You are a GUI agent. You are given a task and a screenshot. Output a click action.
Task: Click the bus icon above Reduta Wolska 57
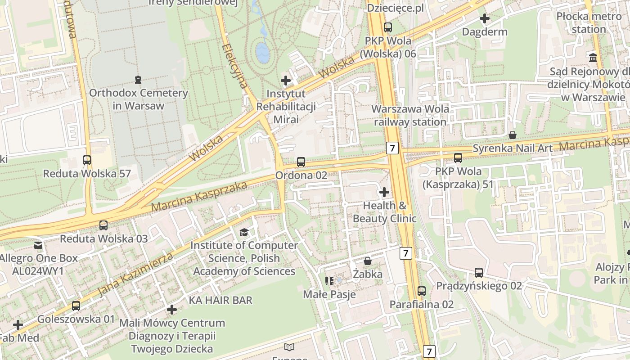(x=87, y=160)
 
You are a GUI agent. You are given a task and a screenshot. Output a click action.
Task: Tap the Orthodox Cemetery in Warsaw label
(x=138, y=99)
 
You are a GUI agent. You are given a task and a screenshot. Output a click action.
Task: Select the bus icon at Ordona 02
(x=301, y=162)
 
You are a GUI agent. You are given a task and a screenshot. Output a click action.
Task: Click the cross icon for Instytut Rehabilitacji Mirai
(x=286, y=81)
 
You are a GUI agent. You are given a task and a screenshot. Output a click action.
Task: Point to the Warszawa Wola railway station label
(x=410, y=115)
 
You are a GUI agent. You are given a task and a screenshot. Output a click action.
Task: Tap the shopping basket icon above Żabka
(x=368, y=261)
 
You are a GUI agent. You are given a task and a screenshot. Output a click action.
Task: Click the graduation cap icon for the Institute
(x=244, y=232)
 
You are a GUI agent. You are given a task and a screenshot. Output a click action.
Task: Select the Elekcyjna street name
(x=235, y=65)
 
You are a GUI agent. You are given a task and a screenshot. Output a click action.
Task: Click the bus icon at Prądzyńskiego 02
(x=479, y=273)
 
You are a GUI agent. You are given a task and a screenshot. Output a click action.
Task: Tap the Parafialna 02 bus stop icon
(x=422, y=291)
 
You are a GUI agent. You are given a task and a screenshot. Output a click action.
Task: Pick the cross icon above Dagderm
(x=485, y=19)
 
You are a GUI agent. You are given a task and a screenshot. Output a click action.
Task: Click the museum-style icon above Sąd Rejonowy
(x=593, y=58)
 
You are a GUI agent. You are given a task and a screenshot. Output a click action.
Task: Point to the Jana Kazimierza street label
(x=135, y=274)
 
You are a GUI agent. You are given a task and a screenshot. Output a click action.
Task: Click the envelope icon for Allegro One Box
(x=38, y=245)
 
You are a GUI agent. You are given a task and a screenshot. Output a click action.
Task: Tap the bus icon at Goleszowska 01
(x=76, y=306)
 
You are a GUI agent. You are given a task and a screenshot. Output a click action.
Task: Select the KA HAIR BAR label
(x=220, y=300)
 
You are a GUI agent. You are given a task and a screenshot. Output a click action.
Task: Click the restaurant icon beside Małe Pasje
(x=329, y=281)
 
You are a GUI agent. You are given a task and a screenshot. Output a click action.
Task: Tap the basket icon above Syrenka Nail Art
(x=512, y=135)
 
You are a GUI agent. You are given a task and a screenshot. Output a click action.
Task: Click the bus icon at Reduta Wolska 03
(x=103, y=225)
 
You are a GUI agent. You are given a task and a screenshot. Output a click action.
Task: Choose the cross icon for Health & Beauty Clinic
(x=384, y=193)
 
